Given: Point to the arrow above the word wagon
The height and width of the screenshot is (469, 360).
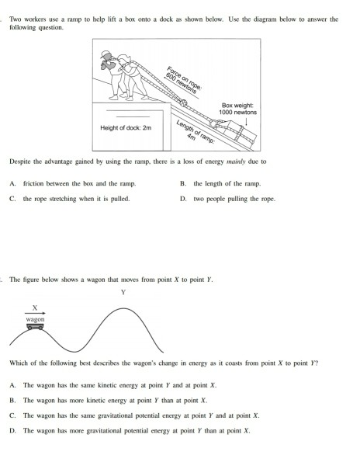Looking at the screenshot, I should [x=35, y=312].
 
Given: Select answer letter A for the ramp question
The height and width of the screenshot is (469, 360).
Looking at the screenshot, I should [x=12, y=183].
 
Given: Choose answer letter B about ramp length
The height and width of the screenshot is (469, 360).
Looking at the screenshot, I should [x=182, y=183].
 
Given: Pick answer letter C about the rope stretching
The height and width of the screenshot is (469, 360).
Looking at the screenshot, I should [x=12, y=198].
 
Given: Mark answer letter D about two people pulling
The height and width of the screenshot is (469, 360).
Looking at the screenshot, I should [x=182, y=198].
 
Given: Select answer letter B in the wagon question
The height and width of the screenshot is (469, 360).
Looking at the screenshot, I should [x=12, y=400].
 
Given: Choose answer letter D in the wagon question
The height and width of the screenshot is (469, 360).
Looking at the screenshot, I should [x=12, y=429].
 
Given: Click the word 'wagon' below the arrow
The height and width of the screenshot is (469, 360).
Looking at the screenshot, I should [x=35, y=319].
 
